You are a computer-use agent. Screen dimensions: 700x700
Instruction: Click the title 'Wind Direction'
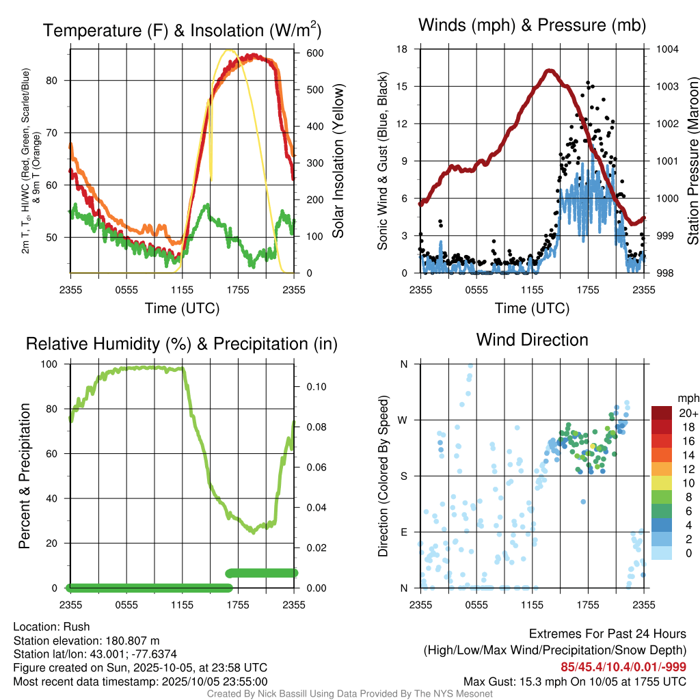(532, 340)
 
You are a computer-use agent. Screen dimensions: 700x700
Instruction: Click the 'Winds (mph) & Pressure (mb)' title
(532, 25)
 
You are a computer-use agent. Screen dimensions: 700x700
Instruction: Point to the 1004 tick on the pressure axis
(667, 49)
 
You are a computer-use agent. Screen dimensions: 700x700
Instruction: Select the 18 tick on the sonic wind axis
(403, 49)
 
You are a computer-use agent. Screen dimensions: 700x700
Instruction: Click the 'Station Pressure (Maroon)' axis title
(692, 161)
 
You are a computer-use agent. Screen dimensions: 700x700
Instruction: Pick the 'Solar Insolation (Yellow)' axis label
(338, 161)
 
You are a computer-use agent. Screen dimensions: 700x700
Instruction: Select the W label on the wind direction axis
(403, 420)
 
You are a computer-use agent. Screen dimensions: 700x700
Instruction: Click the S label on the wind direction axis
(403, 476)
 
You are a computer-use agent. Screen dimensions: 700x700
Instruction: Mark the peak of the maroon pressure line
(550, 70)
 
